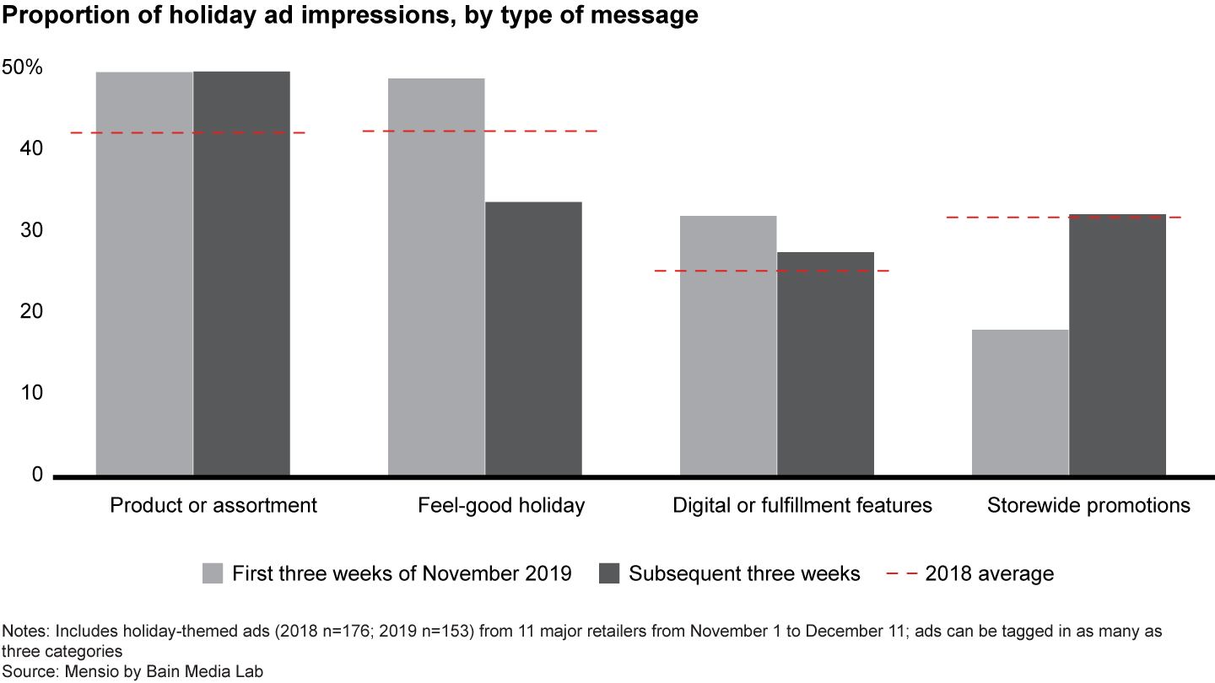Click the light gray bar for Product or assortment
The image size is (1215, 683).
pos(144,273)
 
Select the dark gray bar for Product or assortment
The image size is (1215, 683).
pos(241,273)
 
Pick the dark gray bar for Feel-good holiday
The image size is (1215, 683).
pos(533,338)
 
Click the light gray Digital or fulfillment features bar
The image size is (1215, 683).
pos(728,345)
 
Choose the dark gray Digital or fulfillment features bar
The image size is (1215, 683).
pos(825,363)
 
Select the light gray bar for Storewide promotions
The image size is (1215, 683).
pos(1020,402)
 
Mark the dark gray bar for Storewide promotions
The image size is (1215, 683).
pos(1117,345)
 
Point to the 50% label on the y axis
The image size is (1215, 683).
pos(23,67)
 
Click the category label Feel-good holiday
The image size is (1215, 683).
pos(501,506)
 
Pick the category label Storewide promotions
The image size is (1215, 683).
pos(1088,506)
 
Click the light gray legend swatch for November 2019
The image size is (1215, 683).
pos(213,574)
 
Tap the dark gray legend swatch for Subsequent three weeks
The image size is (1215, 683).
pos(609,574)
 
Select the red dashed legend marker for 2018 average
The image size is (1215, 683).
pos(900,574)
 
